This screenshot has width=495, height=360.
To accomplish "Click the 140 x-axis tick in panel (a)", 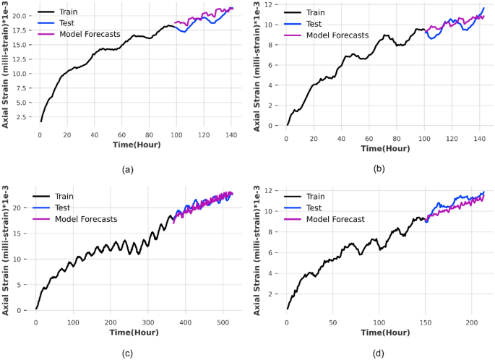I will (x=231, y=135).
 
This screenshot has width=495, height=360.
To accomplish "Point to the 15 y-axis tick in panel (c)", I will (x=24, y=233).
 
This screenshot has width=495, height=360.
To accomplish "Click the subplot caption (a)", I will (x=129, y=170).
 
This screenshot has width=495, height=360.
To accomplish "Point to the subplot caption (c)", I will (x=129, y=354).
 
